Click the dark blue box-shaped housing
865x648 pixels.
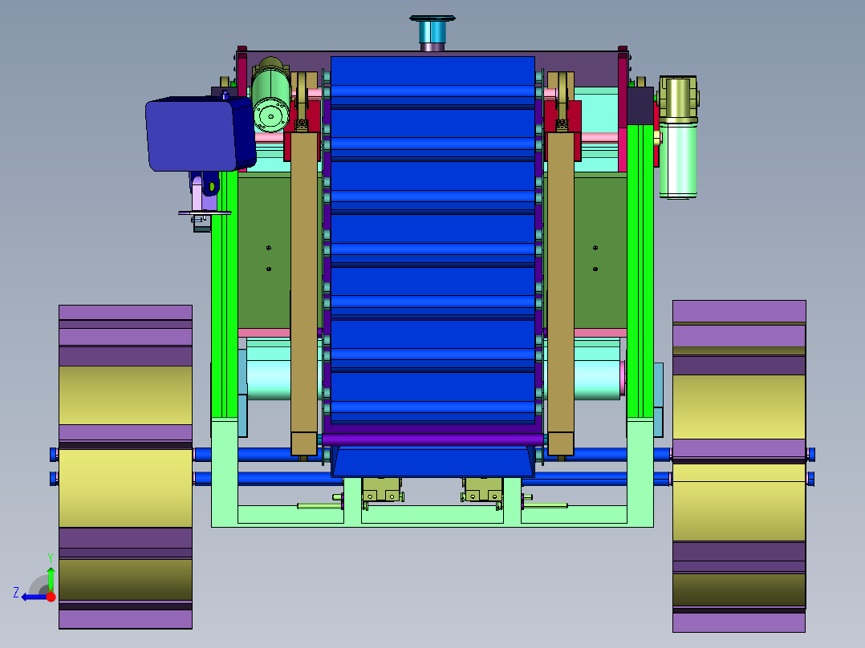pos(200,133)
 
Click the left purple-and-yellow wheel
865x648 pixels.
pos(125,467)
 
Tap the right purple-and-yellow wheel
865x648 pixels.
pos(739,466)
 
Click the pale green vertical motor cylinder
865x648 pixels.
pos(678,160)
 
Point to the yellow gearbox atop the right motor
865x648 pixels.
pos(678,99)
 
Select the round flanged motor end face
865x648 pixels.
pos(271,115)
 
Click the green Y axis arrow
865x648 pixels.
pos(51,579)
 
